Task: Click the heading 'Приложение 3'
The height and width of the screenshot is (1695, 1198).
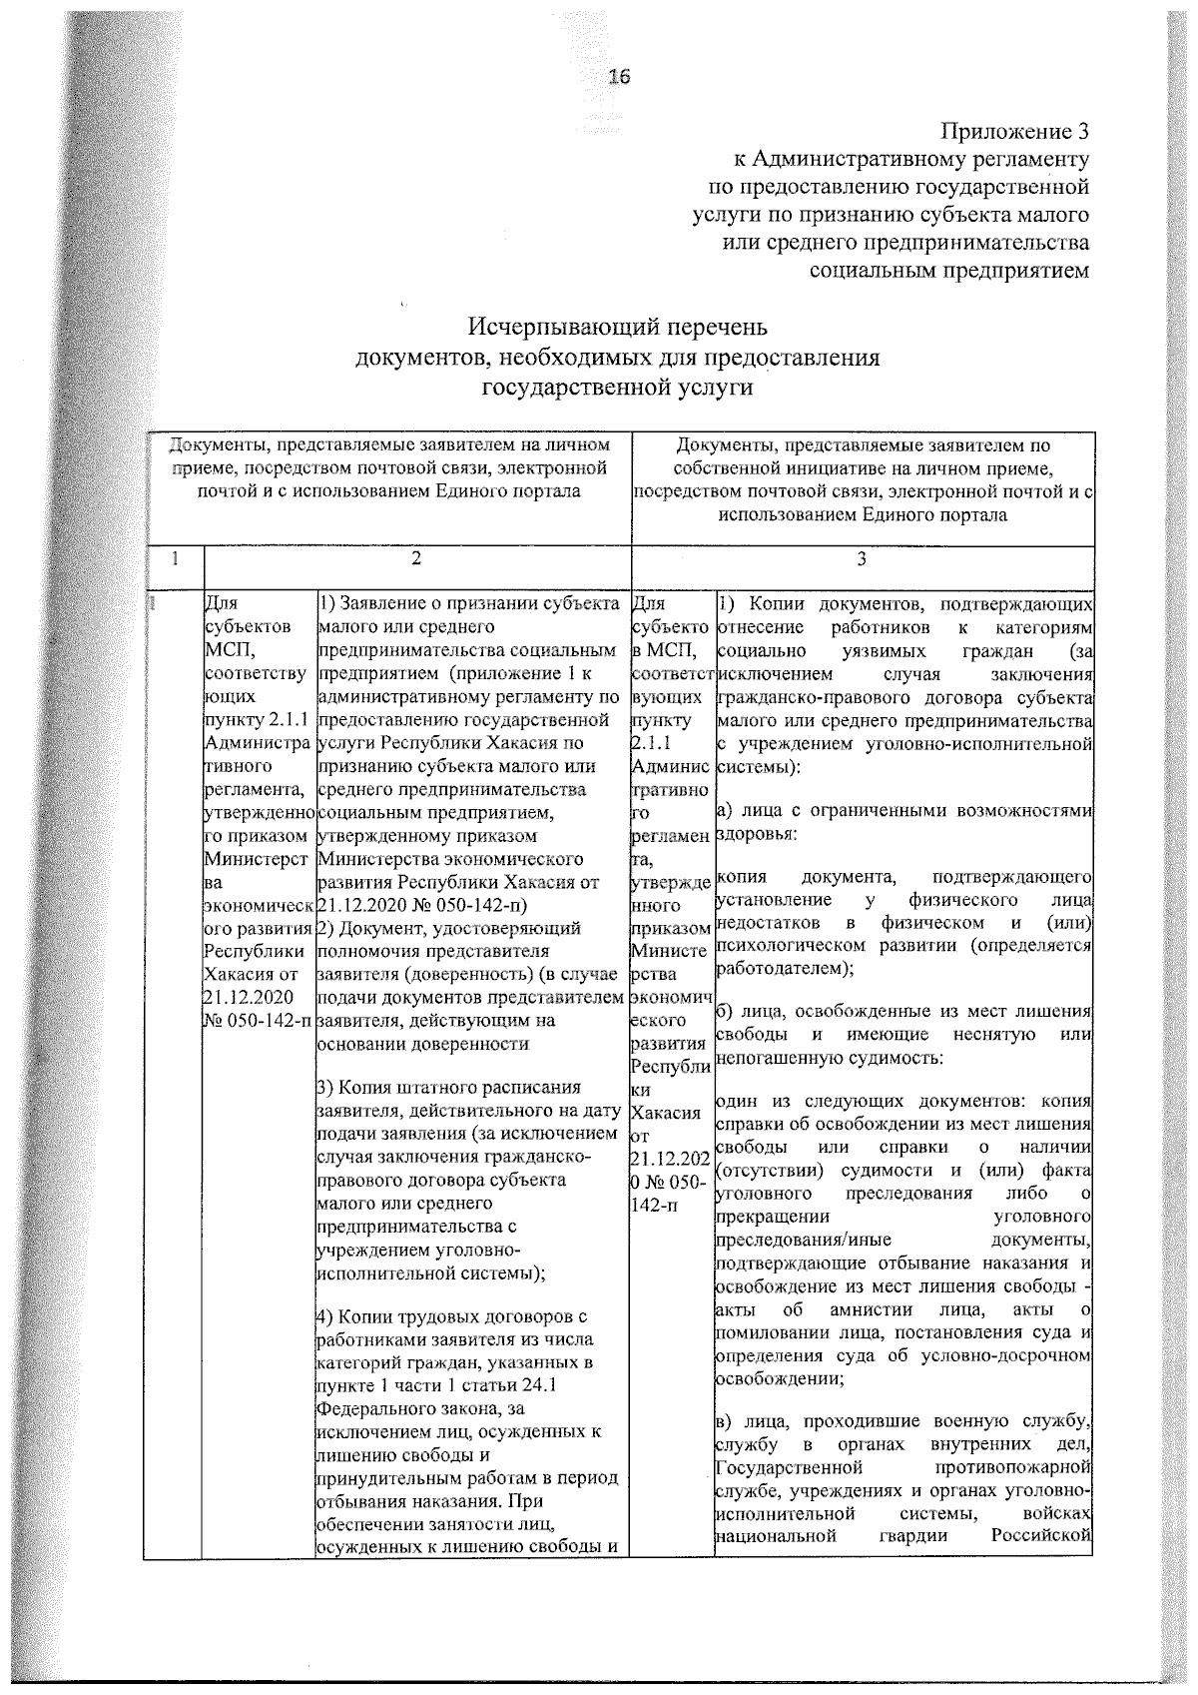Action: click(x=1015, y=132)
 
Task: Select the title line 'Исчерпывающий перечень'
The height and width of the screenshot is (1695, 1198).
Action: click(x=619, y=329)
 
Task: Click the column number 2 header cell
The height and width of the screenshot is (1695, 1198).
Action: click(x=416, y=560)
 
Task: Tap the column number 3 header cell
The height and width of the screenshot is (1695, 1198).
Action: click(x=862, y=560)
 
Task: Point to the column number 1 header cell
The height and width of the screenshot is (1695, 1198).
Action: click(x=174, y=560)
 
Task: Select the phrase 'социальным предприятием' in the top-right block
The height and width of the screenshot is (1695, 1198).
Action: click(x=948, y=270)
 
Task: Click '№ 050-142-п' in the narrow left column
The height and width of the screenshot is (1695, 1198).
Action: click(x=258, y=1020)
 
